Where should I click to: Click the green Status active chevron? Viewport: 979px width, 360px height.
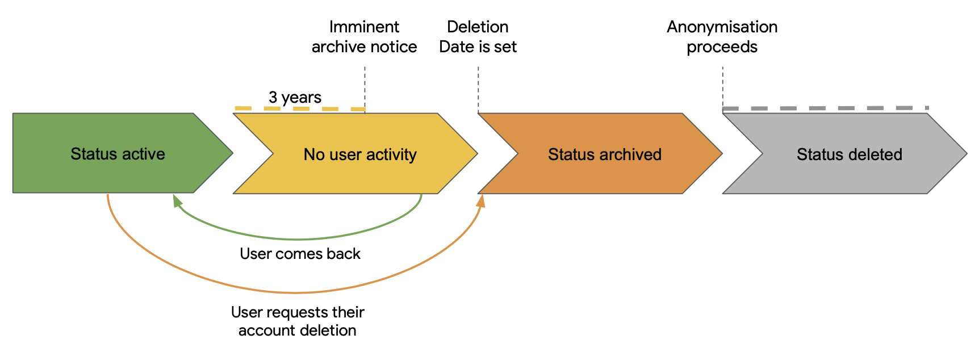(x=114, y=153)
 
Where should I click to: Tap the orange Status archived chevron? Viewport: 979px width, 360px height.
(x=602, y=154)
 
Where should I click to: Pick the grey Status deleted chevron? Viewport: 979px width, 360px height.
(x=846, y=154)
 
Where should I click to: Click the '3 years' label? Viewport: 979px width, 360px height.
(x=295, y=98)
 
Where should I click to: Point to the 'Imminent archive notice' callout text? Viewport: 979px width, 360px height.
(x=365, y=37)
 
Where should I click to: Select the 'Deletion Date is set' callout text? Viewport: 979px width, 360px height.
(x=478, y=37)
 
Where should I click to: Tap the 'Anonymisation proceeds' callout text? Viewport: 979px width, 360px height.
(x=722, y=37)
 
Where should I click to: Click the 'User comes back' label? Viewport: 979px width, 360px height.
(x=300, y=254)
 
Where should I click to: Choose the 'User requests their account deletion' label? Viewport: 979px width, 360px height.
(x=298, y=321)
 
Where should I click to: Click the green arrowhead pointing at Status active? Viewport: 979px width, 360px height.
(x=177, y=200)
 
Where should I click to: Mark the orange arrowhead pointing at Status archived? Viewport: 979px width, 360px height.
(x=481, y=200)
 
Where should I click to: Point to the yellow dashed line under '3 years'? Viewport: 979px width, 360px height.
(x=300, y=108)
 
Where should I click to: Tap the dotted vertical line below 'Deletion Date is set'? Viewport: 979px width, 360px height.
(x=478, y=90)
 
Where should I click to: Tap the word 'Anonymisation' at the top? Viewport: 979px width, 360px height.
(x=722, y=27)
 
